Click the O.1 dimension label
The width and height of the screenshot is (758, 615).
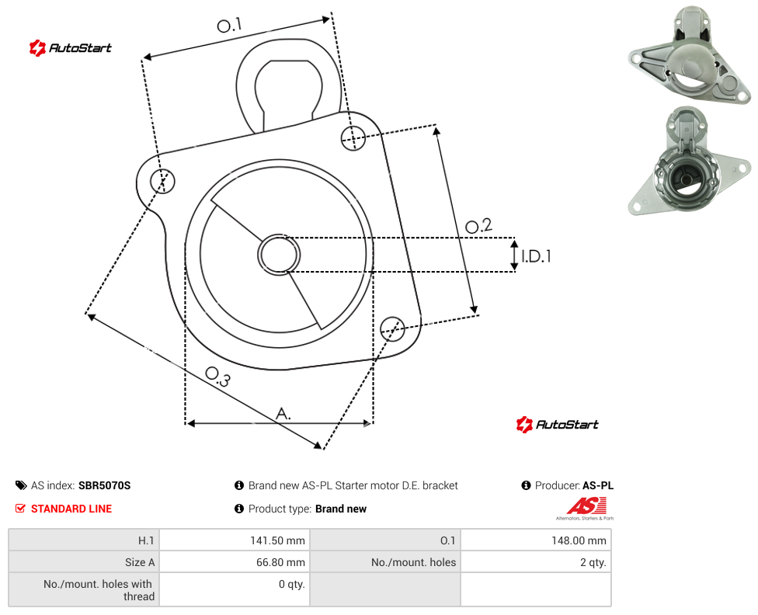click(229, 25)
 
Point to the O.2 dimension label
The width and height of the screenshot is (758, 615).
click(478, 225)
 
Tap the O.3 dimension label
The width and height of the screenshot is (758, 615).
click(217, 377)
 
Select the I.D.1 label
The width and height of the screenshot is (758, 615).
click(536, 255)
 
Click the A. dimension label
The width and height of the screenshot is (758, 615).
click(283, 414)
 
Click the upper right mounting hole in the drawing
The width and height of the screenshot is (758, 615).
click(353, 137)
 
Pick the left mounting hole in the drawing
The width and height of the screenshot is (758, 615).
click(162, 181)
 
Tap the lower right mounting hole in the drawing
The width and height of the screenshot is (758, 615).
click(392, 329)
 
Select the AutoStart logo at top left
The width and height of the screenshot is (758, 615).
click(71, 48)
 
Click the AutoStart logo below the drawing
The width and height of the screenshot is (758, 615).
click(558, 425)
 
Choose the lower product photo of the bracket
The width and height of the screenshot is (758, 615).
click(690, 162)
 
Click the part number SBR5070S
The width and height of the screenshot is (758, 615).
click(104, 485)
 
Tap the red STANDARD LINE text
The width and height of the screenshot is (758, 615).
click(71, 509)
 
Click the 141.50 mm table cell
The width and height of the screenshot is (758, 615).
click(235, 540)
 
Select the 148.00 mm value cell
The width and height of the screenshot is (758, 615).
click(536, 540)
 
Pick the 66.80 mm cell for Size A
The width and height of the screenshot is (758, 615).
click(235, 562)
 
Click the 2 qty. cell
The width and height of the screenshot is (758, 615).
click(536, 562)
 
